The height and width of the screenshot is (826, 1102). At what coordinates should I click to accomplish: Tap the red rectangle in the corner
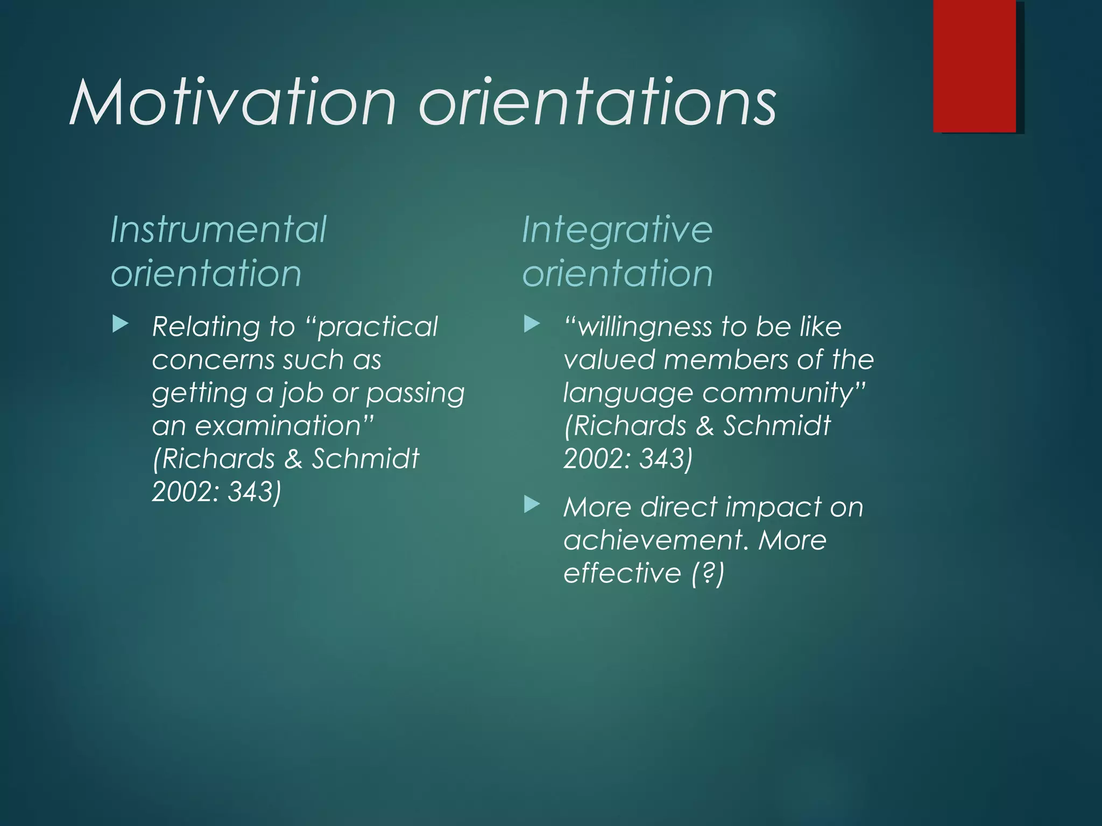pyautogui.click(x=974, y=66)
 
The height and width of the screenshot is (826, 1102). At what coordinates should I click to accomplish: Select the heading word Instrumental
pyautogui.click(x=218, y=230)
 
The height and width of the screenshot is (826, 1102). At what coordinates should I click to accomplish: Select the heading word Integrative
pyautogui.click(x=617, y=230)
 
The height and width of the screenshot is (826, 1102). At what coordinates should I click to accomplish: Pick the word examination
pyautogui.click(x=278, y=426)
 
